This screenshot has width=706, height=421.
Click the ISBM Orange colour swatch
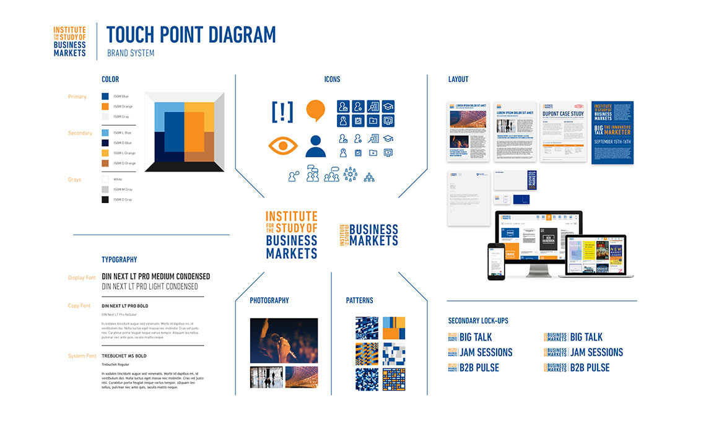[x=105, y=106]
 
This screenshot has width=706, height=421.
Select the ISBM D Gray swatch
[x=105, y=199]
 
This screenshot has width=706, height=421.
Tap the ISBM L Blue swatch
[x=105, y=132]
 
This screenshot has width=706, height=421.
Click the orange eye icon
[x=282, y=146]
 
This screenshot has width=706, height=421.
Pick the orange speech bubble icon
[x=315, y=110]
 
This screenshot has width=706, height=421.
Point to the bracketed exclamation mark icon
[x=282, y=111]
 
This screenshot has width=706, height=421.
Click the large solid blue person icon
[x=315, y=146]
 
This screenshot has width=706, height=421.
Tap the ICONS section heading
[x=332, y=79]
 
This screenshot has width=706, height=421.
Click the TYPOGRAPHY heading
[x=120, y=260]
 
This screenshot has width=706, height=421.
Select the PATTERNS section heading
[x=359, y=301]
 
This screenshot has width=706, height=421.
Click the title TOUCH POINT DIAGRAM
[x=191, y=35]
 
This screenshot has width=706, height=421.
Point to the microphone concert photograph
[x=284, y=341]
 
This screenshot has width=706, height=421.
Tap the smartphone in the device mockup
[x=496, y=261]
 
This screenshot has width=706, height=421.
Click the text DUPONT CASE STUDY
[x=563, y=114]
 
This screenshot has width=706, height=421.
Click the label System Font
[x=82, y=356]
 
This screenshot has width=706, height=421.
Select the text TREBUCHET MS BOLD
[x=124, y=356]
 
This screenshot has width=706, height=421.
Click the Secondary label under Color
[x=80, y=133]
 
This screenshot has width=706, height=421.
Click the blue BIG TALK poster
[x=612, y=132]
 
